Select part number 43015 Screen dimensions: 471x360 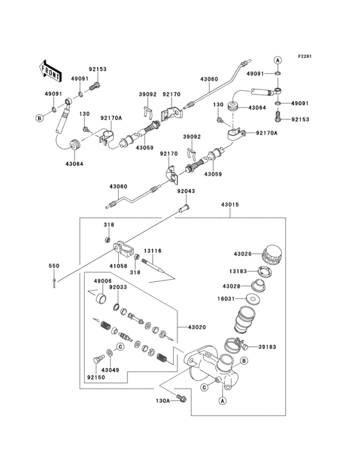[230, 205]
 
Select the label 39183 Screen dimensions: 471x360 [268, 347]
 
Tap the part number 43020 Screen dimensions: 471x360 [197, 328]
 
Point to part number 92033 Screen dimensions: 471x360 [118, 288]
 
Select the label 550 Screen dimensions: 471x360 [55, 265]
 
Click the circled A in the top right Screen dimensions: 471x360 [278, 59]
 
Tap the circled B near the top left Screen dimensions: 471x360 [39, 118]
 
